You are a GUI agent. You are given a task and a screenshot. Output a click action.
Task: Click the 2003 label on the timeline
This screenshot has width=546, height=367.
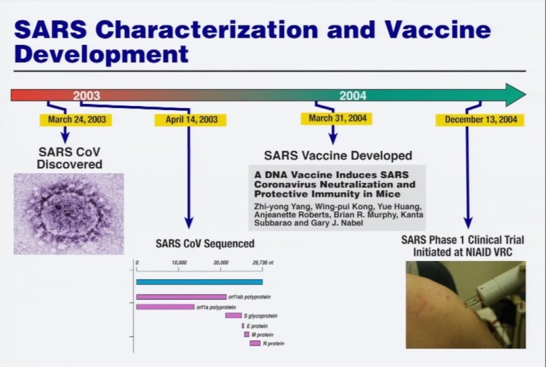click(86, 95)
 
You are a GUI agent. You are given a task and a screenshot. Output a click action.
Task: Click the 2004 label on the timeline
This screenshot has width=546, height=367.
click(353, 95)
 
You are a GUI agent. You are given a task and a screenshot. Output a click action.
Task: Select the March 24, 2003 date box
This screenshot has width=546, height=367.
click(76, 120)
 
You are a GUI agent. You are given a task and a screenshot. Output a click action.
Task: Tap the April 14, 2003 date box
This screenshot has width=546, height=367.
click(191, 120)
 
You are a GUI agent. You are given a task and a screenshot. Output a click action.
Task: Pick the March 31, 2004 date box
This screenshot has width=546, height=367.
click(337, 118)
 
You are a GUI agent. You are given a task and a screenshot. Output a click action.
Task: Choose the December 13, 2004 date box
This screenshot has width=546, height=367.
click(480, 120)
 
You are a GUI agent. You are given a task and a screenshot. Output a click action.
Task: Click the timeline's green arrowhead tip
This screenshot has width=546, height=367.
click(526, 95)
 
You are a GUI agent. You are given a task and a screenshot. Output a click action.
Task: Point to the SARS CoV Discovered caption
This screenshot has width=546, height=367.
click(70, 158)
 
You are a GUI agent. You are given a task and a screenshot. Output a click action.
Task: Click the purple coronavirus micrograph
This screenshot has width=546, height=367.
click(69, 214)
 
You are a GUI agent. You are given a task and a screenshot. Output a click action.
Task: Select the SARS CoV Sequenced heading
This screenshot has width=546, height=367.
click(205, 243)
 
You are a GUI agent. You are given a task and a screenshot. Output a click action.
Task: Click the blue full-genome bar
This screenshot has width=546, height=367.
click(199, 282)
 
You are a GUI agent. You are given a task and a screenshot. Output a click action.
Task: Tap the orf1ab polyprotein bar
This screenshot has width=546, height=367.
click(181, 297)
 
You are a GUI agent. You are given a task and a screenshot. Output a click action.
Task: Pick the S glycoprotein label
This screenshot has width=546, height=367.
click(260, 316)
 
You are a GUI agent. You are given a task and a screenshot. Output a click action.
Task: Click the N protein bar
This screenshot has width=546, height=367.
click(255, 344)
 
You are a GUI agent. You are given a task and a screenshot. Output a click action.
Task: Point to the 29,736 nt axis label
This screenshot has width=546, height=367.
click(263, 263)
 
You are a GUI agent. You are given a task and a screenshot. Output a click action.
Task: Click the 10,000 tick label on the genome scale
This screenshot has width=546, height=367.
click(179, 263)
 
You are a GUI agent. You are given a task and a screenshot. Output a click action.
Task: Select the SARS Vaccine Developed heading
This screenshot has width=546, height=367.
click(338, 156)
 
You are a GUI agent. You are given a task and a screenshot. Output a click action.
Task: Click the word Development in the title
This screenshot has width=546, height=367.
click(101, 54)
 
